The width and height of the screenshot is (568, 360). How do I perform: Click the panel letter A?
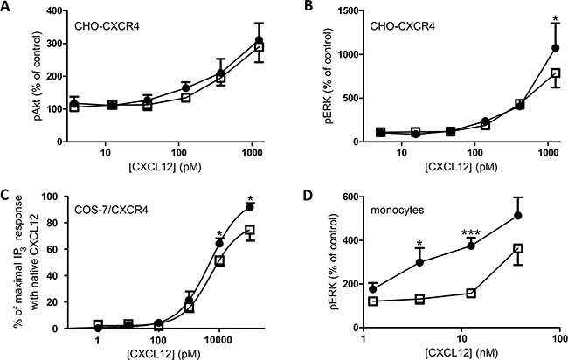pyautogui.click(x=7, y=7)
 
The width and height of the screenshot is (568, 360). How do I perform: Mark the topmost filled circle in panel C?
pyautogui.click(x=250, y=207)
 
